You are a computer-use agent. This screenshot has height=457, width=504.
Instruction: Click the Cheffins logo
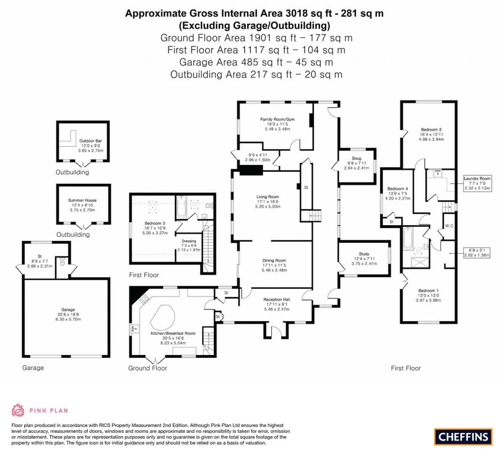click(x=463, y=436)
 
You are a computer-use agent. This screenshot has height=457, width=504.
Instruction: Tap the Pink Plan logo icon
click(x=18, y=410)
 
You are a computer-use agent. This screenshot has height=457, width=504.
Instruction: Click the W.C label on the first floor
click(x=448, y=226)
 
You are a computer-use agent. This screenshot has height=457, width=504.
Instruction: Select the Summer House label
click(x=82, y=200)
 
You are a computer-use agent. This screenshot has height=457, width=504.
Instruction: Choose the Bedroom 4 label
click(x=397, y=189)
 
